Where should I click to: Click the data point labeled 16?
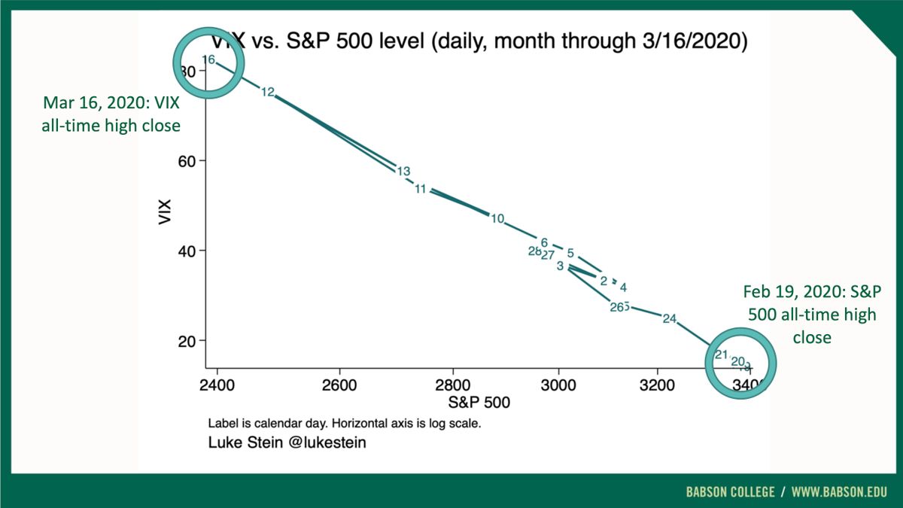coord(208,59)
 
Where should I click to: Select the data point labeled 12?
coord(268,92)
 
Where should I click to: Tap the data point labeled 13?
coord(403,171)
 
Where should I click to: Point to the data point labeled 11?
coord(421,189)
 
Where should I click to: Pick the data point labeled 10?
coord(497,218)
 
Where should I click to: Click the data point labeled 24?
coord(670,318)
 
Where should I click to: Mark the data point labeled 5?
coord(570,253)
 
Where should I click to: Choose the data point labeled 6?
coord(544,242)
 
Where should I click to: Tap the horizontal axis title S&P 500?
coord(479,403)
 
